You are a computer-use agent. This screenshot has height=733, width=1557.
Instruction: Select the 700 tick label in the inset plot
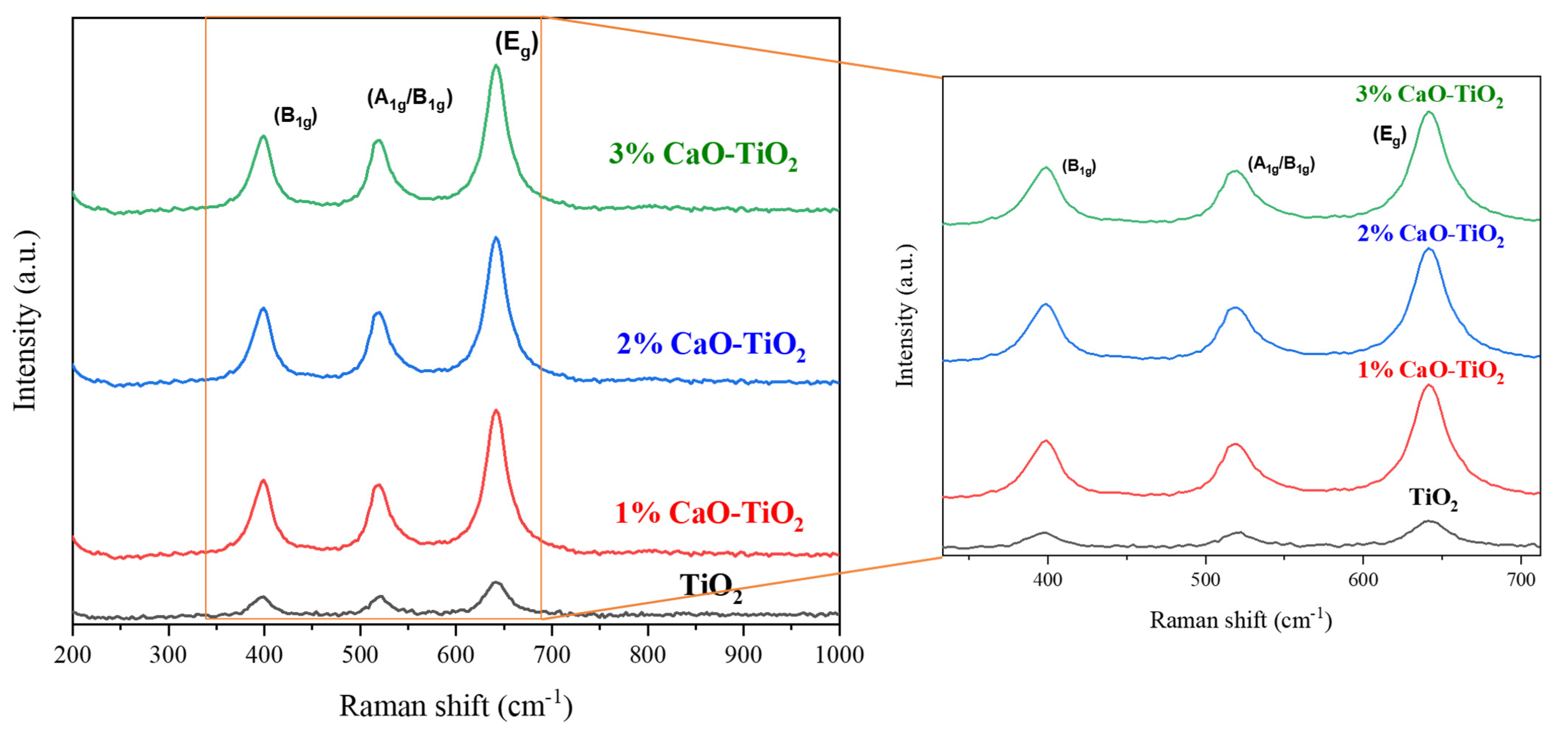[1521, 580]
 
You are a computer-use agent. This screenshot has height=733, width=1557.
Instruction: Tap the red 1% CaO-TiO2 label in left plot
[709, 514]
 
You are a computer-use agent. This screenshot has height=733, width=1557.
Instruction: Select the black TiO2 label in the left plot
[711, 586]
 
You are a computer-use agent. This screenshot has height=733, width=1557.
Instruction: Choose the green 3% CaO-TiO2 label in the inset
[1429, 96]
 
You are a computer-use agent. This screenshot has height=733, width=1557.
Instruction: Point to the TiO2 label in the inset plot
[1433, 499]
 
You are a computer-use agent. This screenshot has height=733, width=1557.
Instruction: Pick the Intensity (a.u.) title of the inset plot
[905, 316]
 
